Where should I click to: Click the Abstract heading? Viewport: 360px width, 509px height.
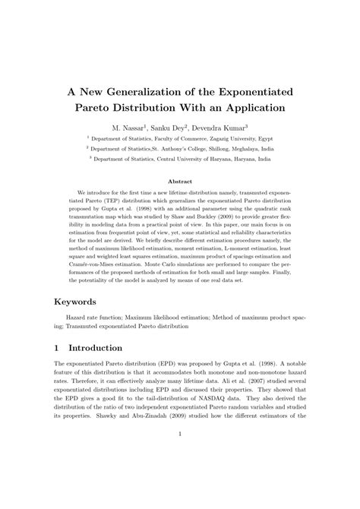point(180,182)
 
